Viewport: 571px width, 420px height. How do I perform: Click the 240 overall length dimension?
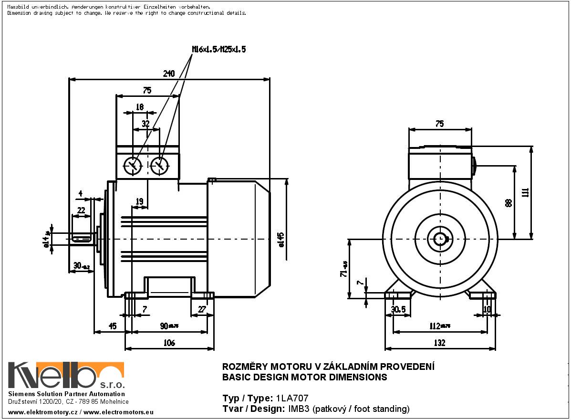point(169,73)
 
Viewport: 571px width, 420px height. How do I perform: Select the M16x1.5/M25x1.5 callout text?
point(218,49)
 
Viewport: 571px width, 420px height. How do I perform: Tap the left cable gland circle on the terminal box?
point(133,166)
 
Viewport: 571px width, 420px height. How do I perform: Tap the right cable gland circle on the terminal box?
point(159,166)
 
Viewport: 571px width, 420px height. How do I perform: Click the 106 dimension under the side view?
point(169,343)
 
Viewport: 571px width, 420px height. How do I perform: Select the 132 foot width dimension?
point(439,343)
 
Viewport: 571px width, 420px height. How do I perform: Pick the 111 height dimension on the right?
point(525,192)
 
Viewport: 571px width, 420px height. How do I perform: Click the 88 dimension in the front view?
point(509,202)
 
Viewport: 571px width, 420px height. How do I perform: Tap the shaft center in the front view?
point(439,238)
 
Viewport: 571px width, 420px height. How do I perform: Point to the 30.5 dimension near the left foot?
point(398,309)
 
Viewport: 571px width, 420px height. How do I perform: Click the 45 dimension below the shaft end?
point(113,326)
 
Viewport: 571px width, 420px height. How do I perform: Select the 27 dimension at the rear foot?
point(202,309)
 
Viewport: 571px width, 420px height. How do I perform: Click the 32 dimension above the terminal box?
point(146,124)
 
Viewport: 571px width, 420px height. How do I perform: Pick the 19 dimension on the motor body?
point(139,201)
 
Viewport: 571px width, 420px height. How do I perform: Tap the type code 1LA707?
point(289,398)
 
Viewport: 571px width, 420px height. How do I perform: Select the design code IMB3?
point(297,409)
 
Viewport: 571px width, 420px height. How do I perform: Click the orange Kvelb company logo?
point(66,376)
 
